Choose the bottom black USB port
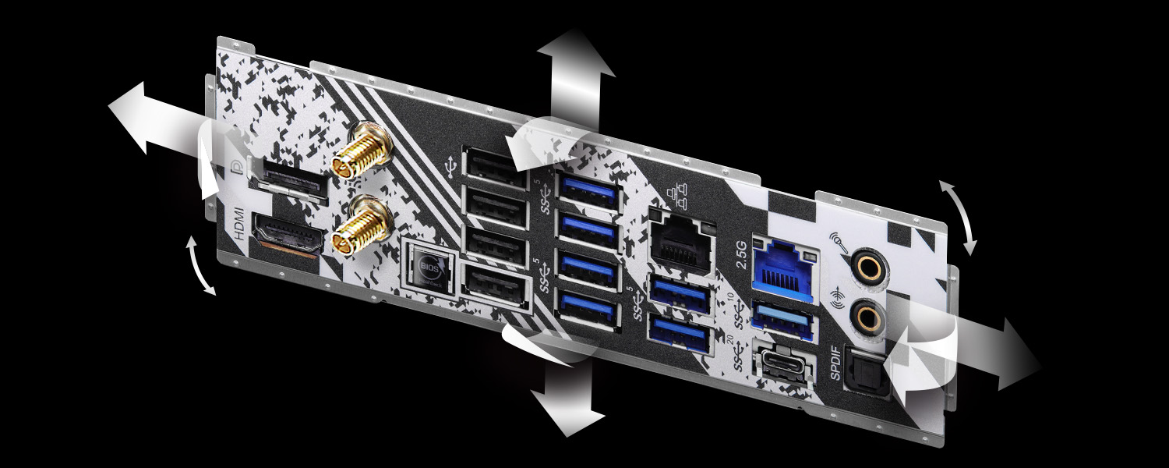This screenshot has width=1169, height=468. tap(493, 286)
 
